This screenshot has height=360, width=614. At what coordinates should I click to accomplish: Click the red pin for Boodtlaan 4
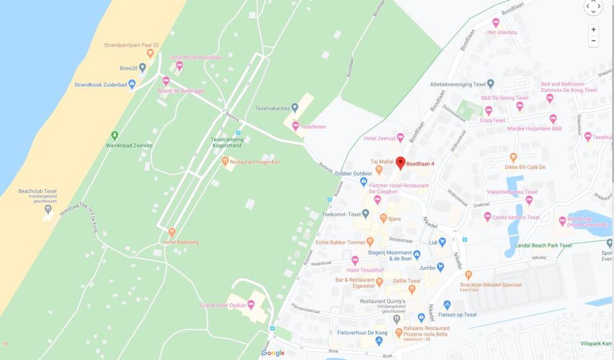pos(400,162)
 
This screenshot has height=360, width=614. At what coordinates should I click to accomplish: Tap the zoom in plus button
pos(594,29)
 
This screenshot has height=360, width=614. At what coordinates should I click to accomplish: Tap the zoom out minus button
pos(594,41)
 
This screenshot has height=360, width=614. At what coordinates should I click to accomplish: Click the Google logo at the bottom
pos(273,353)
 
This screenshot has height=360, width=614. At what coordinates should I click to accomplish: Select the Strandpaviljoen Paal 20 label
pos(131,45)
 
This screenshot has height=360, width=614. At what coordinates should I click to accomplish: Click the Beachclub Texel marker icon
pos(48,208)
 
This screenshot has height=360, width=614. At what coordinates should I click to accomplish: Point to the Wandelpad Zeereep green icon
pos(114,136)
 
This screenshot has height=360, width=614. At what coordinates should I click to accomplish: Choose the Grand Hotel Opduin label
pos(222,305)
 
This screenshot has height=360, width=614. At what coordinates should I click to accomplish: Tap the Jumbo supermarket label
pos(427,267)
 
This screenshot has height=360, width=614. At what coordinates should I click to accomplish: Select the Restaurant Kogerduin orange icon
pos(225,162)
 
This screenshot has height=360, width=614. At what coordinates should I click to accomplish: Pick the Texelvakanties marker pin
pos(295,107)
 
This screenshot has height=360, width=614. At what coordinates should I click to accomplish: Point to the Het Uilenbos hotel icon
pos(496,22)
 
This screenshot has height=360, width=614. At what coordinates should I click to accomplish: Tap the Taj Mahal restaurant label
pos(381,162)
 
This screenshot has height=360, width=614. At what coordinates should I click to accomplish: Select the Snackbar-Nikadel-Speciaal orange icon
pos(468,275)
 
